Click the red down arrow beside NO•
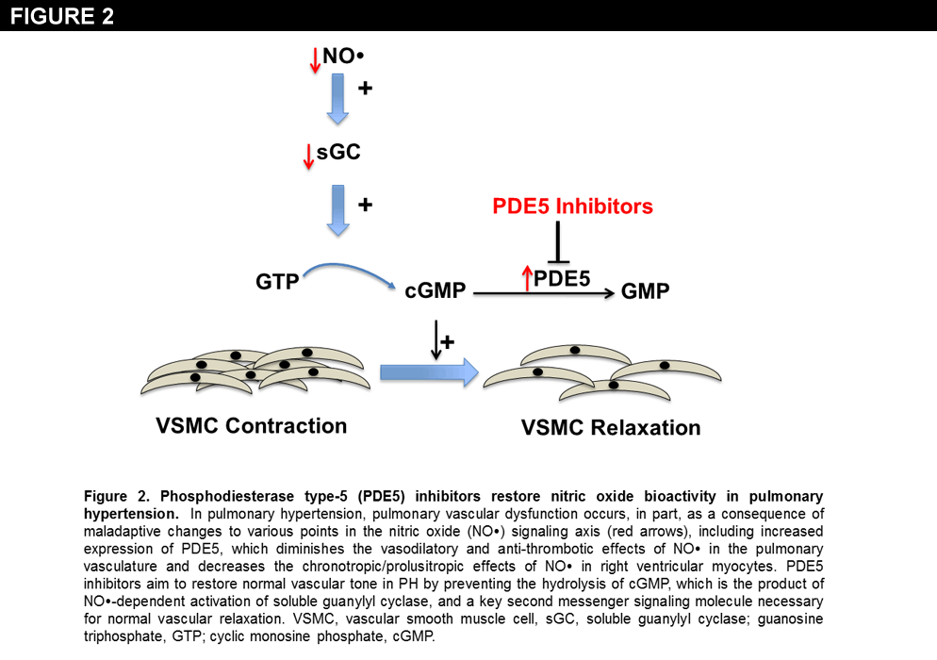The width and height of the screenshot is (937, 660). click(x=315, y=61)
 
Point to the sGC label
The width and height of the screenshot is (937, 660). click(x=338, y=152)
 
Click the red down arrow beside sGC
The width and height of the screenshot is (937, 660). click(x=307, y=157)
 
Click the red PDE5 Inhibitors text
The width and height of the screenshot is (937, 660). click(x=572, y=206)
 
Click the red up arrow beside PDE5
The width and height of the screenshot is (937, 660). click(x=526, y=278)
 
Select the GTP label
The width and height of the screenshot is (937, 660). click(x=277, y=281)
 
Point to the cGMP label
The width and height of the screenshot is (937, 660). click(x=436, y=291)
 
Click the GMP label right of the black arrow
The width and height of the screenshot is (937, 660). click(x=646, y=291)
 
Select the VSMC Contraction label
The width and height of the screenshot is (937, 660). click(x=251, y=425)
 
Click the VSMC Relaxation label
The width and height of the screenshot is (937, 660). click(x=611, y=428)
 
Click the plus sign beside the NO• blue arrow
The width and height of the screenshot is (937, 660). click(x=367, y=89)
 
